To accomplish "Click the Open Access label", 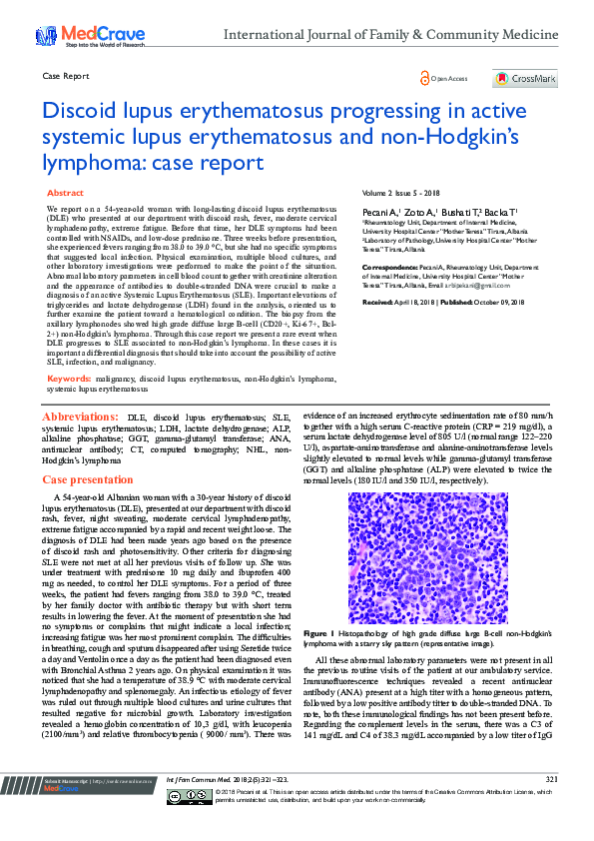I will [445, 78].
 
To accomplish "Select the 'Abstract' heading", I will [66, 192].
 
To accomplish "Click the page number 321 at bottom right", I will [550, 807].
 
